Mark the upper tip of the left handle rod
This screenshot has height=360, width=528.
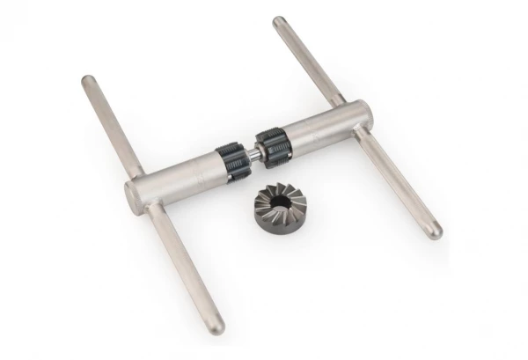87,80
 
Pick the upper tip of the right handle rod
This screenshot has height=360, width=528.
279,21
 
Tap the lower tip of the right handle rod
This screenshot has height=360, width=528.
435,234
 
